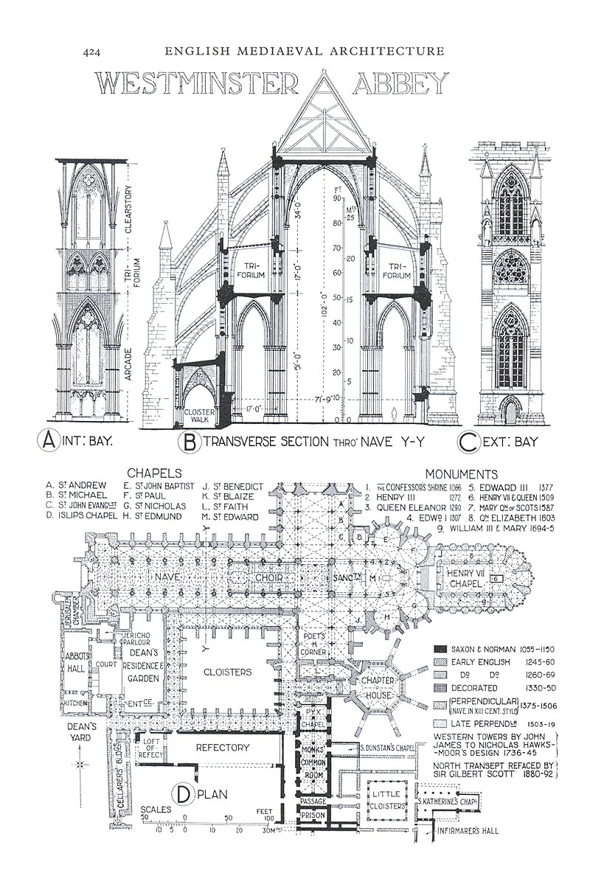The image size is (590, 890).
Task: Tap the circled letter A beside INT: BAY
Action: [x=49, y=442]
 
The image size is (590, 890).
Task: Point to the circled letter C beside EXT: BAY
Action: [x=469, y=442]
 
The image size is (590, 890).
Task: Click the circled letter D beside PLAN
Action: [x=183, y=793]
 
